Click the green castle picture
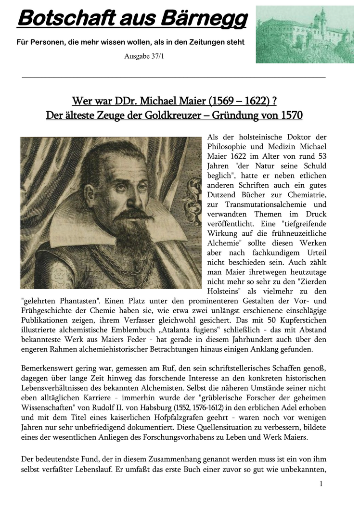point(304,34)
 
